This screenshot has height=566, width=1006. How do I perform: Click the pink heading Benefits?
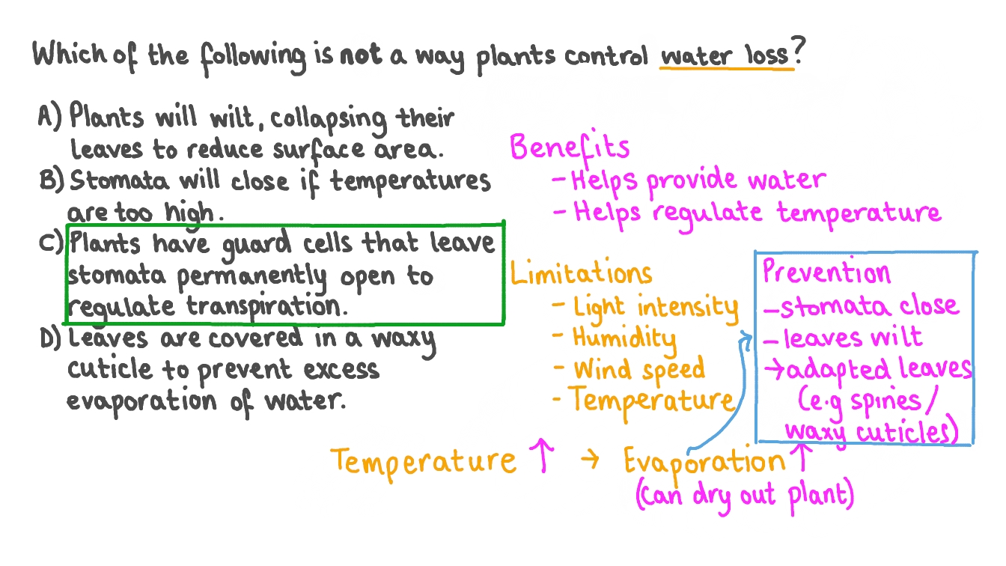point(569,147)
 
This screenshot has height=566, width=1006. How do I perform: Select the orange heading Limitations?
point(581,273)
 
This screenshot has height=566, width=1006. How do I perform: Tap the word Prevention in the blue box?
point(826,273)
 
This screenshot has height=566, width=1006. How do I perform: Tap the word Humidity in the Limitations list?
point(624,338)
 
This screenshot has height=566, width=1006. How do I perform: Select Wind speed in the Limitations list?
point(638,368)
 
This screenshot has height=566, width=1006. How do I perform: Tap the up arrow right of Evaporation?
point(804,458)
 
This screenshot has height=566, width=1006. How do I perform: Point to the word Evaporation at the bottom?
point(704,461)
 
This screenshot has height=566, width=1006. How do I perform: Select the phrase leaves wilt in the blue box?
point(853,338)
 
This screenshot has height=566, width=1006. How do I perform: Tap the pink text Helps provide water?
point(698,180)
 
